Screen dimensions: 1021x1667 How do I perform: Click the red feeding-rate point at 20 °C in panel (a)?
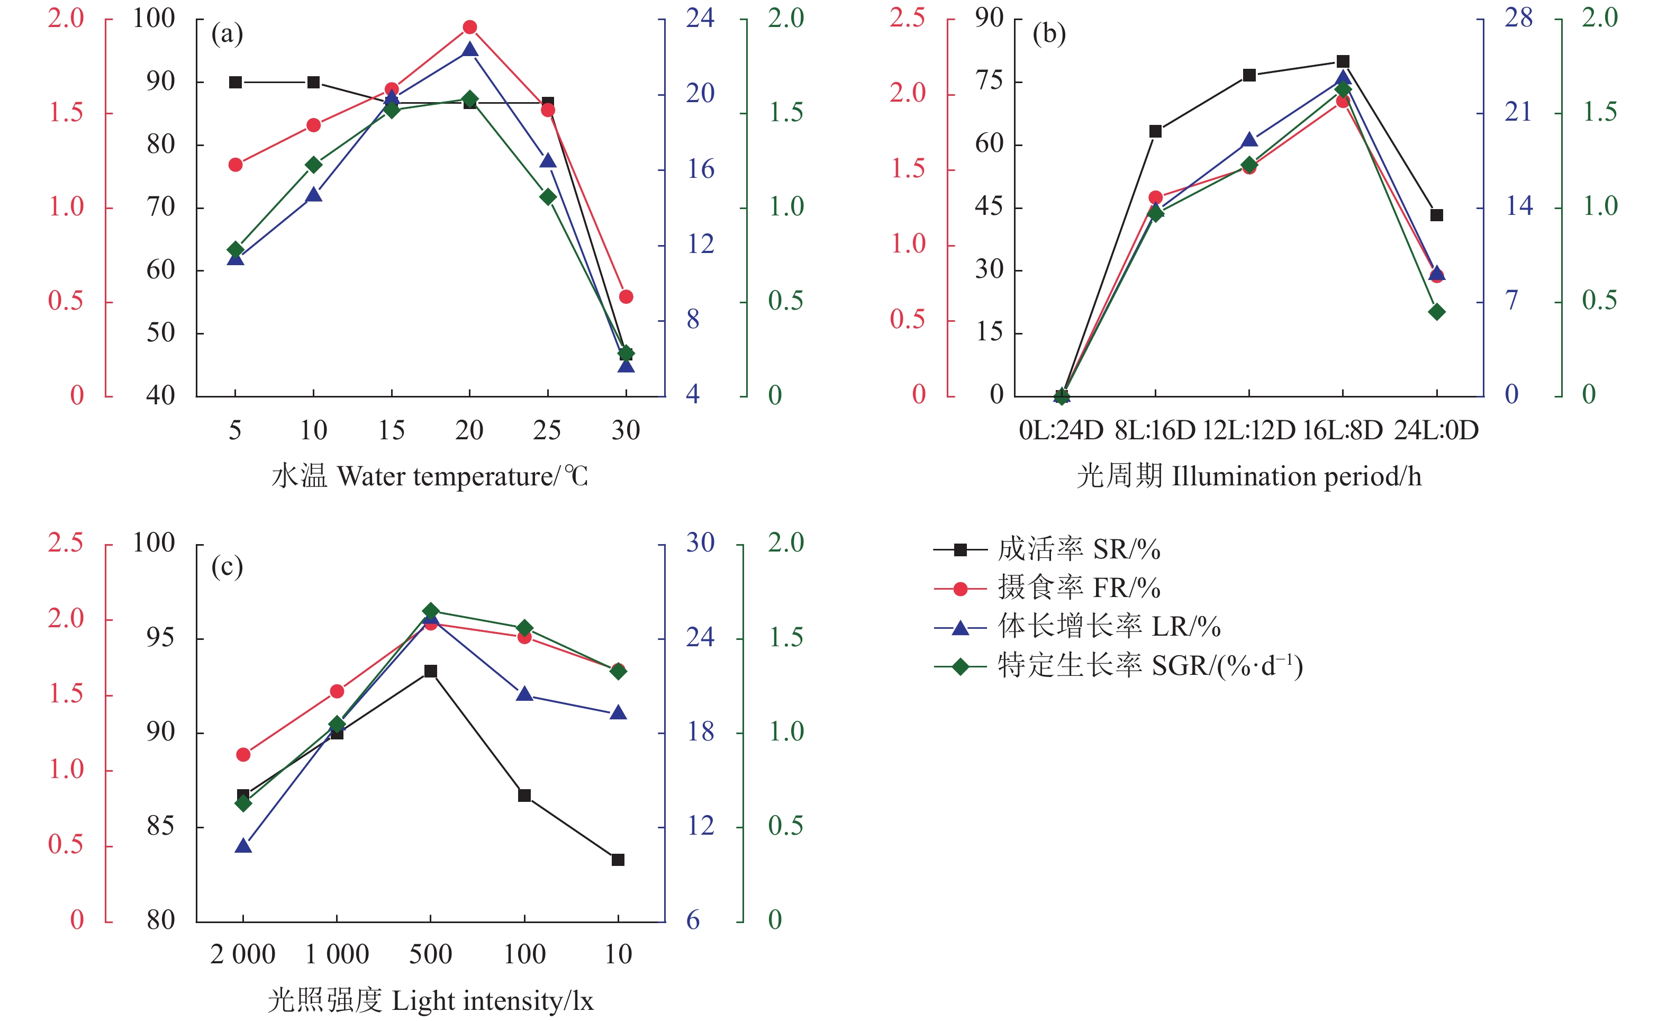[x=470, y=28]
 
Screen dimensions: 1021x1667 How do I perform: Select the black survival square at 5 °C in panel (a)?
[x=235, y=83]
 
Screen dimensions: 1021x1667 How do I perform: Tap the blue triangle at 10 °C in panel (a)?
[x=314, y=195]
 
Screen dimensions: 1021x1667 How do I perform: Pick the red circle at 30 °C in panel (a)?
[x=626, y=297]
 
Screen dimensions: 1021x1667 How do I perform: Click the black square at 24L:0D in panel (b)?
[x=1436, y=215]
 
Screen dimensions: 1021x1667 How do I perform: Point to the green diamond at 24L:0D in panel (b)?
[x=1437, y=312]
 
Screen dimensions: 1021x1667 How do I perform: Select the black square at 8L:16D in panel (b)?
[x=1156, y=131]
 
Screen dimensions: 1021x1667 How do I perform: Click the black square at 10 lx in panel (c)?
[x=618, y=860]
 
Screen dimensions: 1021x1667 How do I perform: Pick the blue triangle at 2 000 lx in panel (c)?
[x=243, y=846]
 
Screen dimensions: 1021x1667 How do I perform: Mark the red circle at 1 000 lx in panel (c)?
[x=337, y=691]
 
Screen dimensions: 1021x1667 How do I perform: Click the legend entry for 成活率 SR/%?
[x=1079, y=549]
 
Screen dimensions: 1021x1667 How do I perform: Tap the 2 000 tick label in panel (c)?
[x=243, y=955]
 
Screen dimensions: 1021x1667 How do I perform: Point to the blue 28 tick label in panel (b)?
[x=1518, y=19]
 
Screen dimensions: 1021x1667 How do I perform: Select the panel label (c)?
[x=228, y=566]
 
